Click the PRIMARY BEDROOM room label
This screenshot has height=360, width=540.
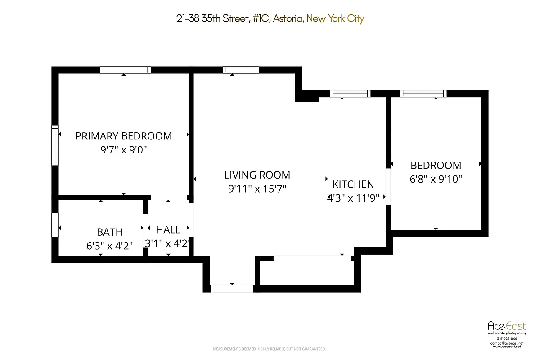(123, 136)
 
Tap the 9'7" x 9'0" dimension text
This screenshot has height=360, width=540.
(123, 150)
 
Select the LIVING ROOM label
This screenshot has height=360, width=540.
(257, 175)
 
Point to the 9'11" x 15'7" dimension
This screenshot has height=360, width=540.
(257, 189)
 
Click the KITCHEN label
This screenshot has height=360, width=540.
(353, 184)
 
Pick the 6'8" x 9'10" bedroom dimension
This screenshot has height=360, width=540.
(436, 179)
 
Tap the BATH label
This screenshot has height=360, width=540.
(109, 232)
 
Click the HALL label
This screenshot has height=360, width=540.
(168, 230)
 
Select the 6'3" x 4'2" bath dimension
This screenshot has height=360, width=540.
(109, 246)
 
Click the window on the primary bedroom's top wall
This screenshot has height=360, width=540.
(125, 70)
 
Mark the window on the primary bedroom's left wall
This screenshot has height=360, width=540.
(55, 145)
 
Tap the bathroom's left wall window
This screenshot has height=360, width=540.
(55, 225)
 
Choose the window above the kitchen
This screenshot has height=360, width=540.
(350, 94)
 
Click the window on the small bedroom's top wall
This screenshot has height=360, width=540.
(423, 94)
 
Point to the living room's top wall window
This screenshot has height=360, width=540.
(241, 70)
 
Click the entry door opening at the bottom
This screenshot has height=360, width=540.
(232, 288)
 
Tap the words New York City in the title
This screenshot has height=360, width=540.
(336, 18)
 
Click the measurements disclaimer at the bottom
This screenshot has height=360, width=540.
(269, 349)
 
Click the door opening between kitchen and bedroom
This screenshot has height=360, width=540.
(388, 187)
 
